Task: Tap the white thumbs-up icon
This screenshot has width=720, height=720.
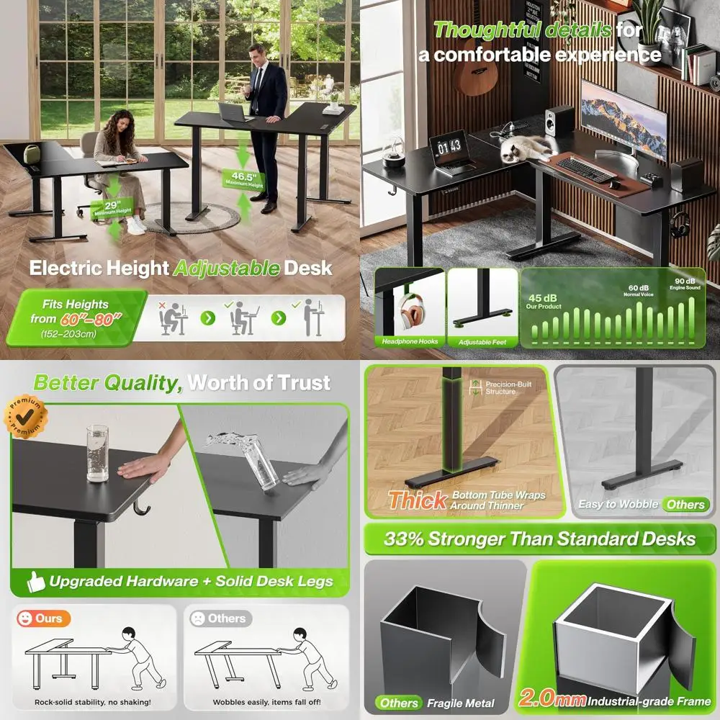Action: (35, 581)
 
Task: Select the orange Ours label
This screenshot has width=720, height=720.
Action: (41, 618)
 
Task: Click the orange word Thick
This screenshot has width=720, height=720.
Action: (418, 500)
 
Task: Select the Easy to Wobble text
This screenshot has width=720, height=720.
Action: (618, 504)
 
